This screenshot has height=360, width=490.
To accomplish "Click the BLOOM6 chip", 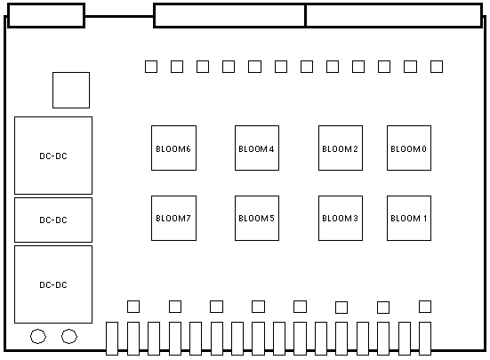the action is [173, 148].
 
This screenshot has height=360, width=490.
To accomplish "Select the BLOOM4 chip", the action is [257, 148].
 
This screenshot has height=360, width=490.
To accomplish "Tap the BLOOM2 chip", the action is [341, 148].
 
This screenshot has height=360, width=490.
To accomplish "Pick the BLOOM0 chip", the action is [409, 148].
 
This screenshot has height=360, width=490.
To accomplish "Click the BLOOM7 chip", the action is [173, 219].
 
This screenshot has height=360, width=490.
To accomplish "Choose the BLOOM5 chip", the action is [257, 219].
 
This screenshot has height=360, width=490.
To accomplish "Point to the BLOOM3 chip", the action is [341, 219].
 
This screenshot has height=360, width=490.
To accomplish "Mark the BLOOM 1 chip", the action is [409, 219].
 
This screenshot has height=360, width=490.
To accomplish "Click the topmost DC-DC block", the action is [53, 156].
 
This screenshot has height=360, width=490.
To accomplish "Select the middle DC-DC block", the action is [53, 220].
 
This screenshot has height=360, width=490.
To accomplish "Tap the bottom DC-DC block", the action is [53, 284].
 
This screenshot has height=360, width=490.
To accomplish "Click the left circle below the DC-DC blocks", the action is [38, 336].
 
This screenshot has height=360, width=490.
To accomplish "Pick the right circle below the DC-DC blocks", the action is [69, 336].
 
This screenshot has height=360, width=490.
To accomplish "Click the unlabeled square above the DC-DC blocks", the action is [71, 91].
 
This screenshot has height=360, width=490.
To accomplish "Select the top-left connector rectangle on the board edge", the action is [46, 16].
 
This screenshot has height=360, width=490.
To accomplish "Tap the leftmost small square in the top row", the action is [151, 67].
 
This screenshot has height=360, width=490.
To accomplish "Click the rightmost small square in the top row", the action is [437, 67].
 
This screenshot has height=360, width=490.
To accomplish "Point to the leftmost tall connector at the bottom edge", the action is [112, 339].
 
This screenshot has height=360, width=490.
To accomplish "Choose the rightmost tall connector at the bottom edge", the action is [425, 339].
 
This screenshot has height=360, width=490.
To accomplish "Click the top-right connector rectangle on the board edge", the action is [394, 16].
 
